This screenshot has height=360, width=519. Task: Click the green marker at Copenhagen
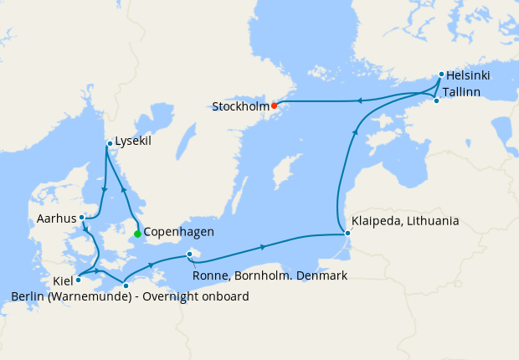pyautogui.click(x=137, y=234)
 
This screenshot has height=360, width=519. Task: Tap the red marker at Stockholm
pyautogui.click(x=274, y=105)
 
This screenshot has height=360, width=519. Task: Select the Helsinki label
pyautogui.click(x=468, y=75)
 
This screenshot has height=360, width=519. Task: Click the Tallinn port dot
pyautogui.click(x=436, y=100)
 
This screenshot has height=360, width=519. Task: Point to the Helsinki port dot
pyautogui.click(x=441, y=75)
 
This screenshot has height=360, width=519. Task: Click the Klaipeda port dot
pyautogui.click(x=347, y=234)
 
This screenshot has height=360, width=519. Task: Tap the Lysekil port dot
pyautogui.click(x=109, y=144)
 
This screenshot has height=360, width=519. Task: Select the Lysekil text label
pyautogui.click(x=134, y=142)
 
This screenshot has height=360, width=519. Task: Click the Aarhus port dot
pyautogui.click(x=81, y=218)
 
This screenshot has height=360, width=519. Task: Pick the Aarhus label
pyautogui.click(x=56, y=219)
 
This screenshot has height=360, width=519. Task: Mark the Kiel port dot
pyautogui.click(x=78, y=280)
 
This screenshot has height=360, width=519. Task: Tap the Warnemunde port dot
pyautogui.click(x=126, y=285)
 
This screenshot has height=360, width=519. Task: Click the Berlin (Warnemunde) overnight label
pyautogui.click(x=130, y=296)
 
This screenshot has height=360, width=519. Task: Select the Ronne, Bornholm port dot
pyautogui.click(x=190, y=254)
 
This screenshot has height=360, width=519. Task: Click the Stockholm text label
pyautogui.click(x=240, y=107)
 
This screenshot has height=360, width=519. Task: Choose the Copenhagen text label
pyautogui.click(x=179, y=232)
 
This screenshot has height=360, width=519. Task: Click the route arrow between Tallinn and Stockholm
pyautogui.click(x=358, y=101)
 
